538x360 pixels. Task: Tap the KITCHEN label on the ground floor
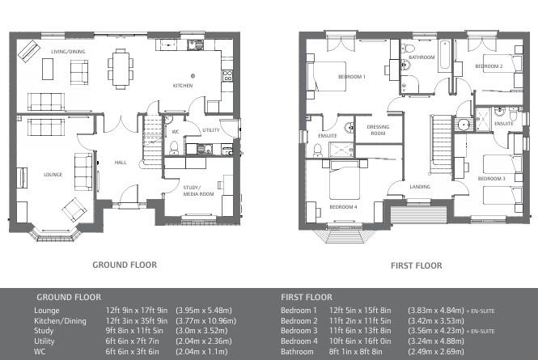click(183, 85)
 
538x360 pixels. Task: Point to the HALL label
click(121, 163)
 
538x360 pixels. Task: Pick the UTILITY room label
click(211, 130)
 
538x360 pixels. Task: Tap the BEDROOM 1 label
click(352, 77)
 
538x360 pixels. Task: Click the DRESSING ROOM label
click(378, 131)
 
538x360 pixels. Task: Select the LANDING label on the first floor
click(420, 187)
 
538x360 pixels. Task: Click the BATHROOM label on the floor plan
click(422, 58)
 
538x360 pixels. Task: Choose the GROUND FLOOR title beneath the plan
click(125, 265)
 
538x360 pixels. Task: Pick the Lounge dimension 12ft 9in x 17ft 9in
click(136, 310)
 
